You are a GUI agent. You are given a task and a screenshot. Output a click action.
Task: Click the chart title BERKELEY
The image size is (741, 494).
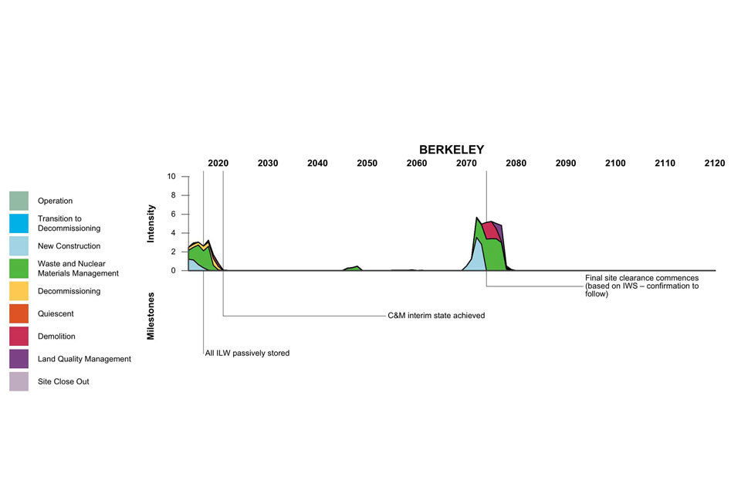(452, 150)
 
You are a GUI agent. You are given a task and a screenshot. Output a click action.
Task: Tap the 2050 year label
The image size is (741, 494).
(367, 164)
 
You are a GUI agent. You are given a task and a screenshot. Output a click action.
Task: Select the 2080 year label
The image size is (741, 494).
(516, 164)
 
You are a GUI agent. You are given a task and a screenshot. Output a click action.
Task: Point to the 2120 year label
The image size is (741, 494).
(714, 164)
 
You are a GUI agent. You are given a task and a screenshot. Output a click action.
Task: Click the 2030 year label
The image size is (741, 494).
(268, 164)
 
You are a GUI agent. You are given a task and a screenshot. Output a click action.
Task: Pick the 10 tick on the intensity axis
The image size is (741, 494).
(172, 177)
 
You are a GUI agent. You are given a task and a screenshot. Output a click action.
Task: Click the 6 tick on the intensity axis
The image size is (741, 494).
(174, 215)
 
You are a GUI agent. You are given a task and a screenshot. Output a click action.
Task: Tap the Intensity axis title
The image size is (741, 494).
(151, 223)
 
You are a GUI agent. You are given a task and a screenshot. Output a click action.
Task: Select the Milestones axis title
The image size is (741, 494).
(151, 316)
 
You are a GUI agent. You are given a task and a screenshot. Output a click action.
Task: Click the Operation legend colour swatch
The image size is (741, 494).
(19, 201)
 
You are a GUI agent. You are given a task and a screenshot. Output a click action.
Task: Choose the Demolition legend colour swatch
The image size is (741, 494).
(19, 337)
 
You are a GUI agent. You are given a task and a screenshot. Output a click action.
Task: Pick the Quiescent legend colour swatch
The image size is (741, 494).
(19, 314)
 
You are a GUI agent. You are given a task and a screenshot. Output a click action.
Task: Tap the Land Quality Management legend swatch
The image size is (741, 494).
(19, 359)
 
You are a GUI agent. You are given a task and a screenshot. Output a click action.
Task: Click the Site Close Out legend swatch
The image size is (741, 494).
(19, 381)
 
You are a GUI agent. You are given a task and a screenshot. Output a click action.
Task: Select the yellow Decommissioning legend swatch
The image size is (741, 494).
(19, 291)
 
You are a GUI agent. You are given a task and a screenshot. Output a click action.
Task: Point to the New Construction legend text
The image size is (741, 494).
(69, 246)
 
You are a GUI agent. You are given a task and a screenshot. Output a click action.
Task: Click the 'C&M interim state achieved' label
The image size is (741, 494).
(436, 316)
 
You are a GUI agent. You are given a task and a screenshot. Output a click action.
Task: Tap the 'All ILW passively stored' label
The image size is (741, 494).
(247, 354)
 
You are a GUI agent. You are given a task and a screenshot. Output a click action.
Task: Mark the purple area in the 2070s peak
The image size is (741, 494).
(499, 231)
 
